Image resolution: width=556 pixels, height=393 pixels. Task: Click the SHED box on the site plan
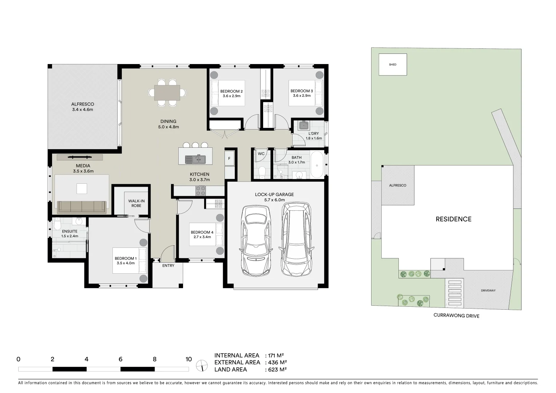pyautogui.click(x=393, y=65)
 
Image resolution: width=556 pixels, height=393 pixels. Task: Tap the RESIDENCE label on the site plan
pyautogui.click(x=453, y=219)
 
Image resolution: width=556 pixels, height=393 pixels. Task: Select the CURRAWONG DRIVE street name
pyautogui.click(x=456, y=315)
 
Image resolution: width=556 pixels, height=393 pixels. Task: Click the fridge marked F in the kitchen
pyautogui.click(x=229, y=159)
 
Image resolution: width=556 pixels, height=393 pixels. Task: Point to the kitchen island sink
pyautogui.click(x=195, y=159)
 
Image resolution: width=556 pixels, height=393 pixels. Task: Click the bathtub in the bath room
pyautogui.click(x=317, y=165)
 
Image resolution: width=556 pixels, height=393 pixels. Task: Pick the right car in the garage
pyautogui.click(x=297, y=239)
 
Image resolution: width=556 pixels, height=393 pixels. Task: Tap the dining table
pyautogui.click(x=167, y=92)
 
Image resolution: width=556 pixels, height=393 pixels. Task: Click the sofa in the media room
pyautogui.click(x=82, y=207)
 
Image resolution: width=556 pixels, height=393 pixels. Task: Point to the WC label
pyautogui.click(x=261, y=154)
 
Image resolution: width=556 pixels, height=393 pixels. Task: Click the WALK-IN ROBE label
pyautogui.click(x=136, y=203)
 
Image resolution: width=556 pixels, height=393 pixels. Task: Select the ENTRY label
pyautogui.click(x=168, y=266)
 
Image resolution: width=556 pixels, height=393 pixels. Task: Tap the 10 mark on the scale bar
pyautogui.click(x=188, y=360)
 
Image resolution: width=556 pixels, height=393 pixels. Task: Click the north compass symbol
pyautogui.click(x=201, y=365)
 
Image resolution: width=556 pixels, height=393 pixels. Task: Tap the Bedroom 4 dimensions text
pyautogui.click(x=202, y=237)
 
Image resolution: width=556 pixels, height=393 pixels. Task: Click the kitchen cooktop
pyautogui.click(x=201, y=190)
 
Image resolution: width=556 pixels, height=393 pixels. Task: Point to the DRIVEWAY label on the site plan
pyautogui.click(x=488, y=291)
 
